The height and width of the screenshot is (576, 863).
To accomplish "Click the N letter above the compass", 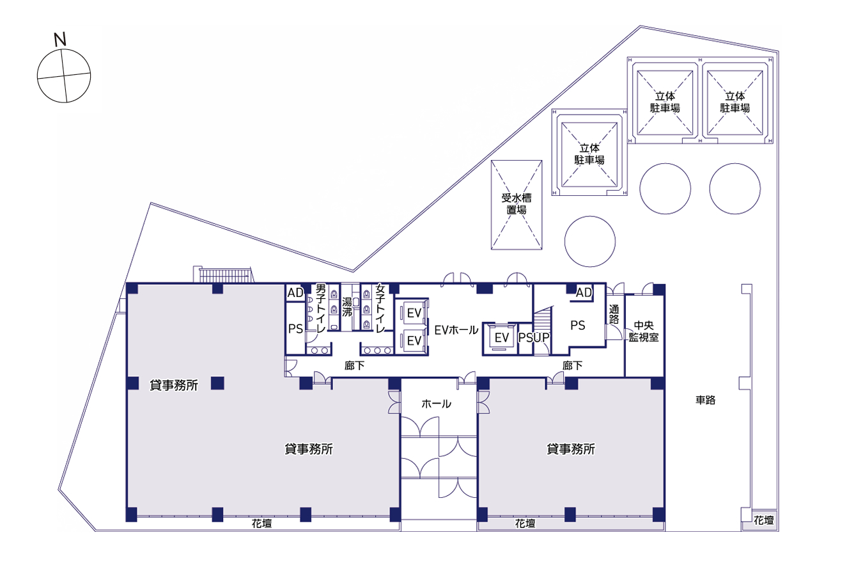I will coord(60,40).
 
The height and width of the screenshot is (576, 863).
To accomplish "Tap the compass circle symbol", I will coord(64,76).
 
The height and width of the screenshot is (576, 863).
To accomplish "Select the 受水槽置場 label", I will coord(517,204).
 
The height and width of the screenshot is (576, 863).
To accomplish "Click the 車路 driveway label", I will coord(706,400).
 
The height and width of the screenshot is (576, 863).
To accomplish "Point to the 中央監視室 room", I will coord(644,332).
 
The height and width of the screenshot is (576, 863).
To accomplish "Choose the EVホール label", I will coord(456,330).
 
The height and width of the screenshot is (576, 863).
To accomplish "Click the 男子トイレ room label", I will coord(321,308).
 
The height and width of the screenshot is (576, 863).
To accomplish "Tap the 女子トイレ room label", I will coord(380,308).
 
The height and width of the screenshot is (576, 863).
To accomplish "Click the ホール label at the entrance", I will coord(437,404).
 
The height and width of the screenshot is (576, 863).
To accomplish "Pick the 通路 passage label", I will coord(614,314).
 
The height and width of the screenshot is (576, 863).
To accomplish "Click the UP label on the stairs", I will coord(542,337).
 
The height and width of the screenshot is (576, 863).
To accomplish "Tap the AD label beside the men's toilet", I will coord(295,292).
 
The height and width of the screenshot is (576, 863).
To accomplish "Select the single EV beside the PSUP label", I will coord(502,337).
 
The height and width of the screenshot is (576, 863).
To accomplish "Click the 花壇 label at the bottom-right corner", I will coord(763,520).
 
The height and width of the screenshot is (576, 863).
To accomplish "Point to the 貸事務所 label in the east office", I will coord(571,449).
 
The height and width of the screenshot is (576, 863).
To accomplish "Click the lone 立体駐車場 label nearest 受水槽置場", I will coord(589,154).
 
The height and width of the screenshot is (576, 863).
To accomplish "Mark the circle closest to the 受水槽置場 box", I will coord(589,241).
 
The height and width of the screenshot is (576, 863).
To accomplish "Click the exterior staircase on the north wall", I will coord(223,275).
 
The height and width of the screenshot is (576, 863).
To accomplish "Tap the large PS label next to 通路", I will coord(578,325).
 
